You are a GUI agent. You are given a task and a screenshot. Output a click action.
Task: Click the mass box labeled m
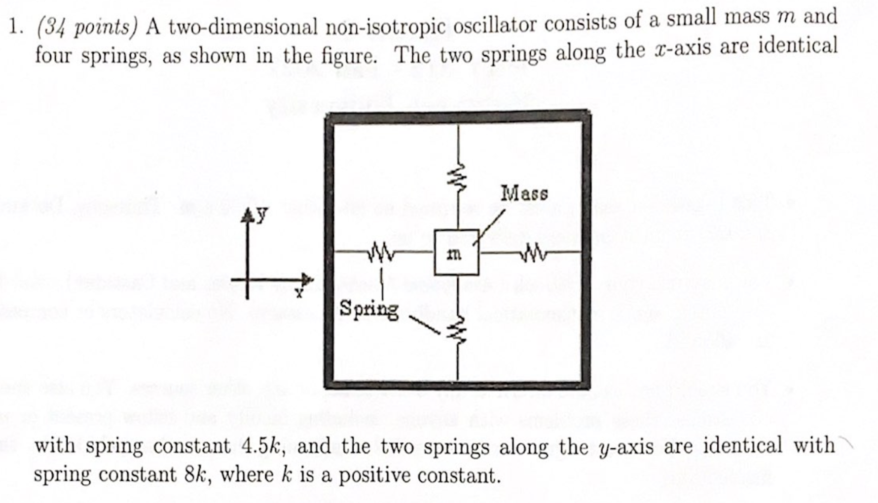tap(456, 252)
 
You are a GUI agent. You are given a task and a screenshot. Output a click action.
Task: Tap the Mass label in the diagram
tap(524, 193)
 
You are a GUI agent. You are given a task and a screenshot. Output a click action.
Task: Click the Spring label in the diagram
tap(369, 309)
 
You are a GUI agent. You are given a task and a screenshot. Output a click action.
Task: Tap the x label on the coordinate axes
tap(299, 293)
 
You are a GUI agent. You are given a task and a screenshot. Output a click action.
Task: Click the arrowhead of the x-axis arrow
tap(308, 279)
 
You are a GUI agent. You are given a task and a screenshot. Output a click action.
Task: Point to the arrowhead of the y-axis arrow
tap(247, 216)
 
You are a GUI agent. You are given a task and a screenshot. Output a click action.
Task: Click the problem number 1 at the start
tap(15, 28)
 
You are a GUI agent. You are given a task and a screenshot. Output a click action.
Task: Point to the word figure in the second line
tap(349, 55)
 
